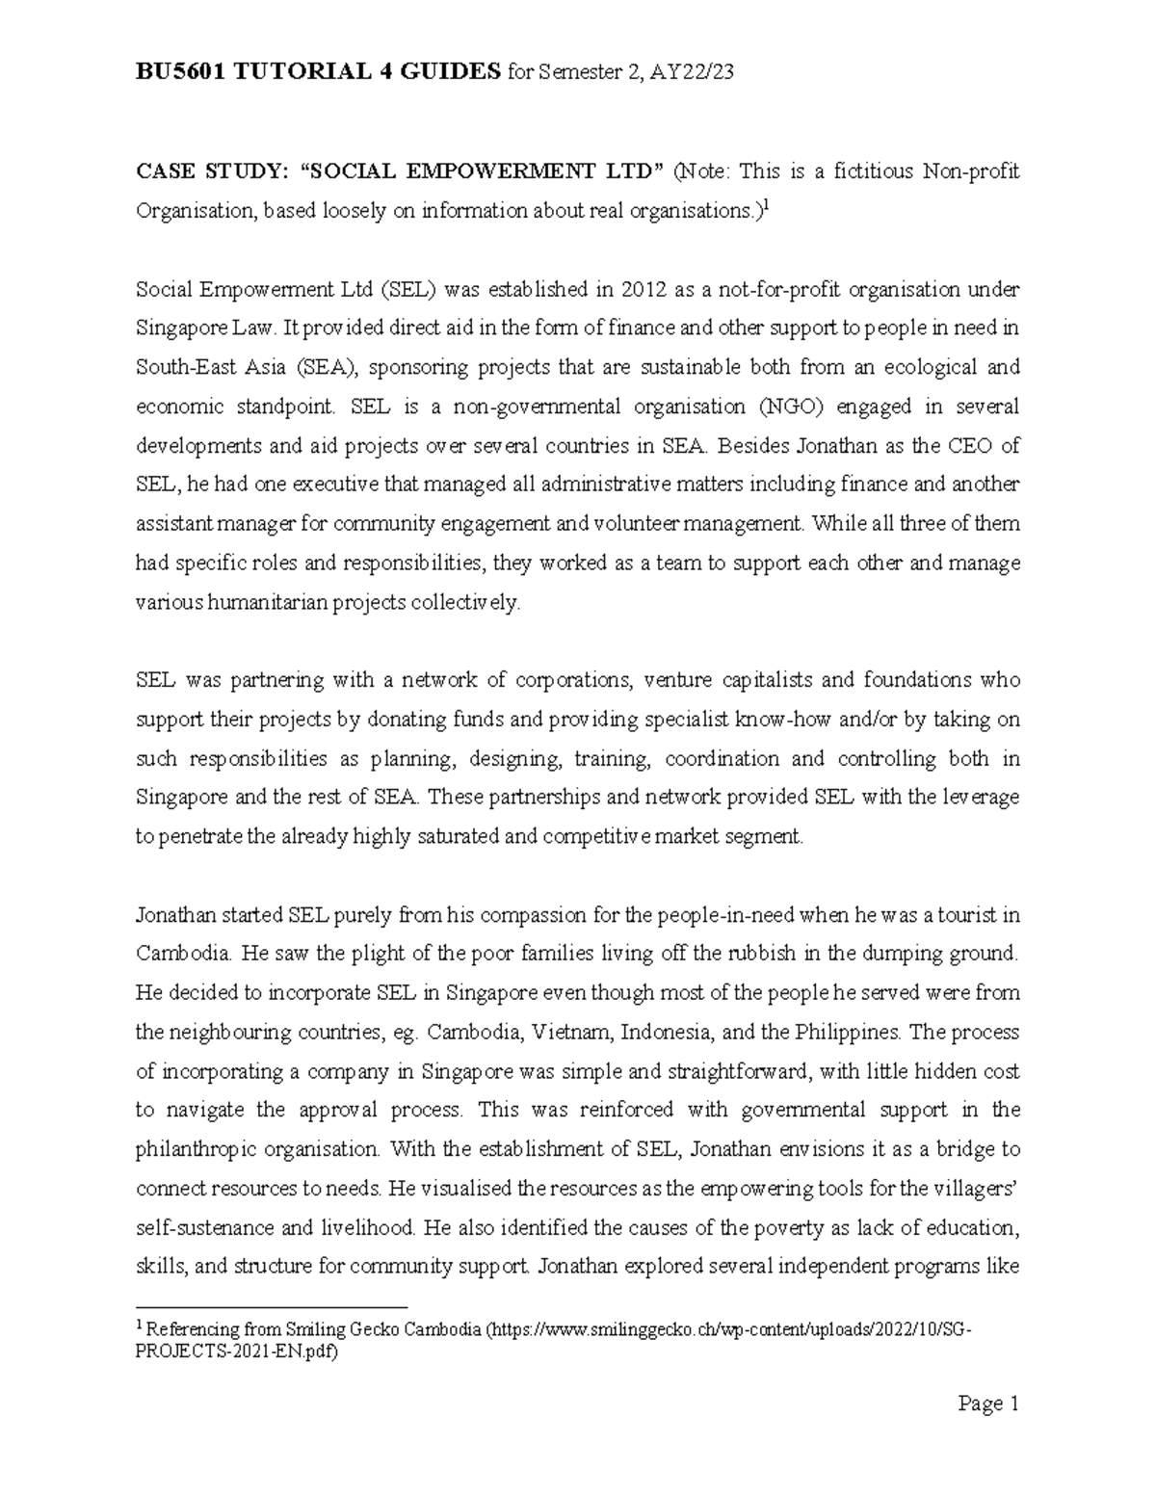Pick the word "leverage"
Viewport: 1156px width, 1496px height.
coord(974,798)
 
